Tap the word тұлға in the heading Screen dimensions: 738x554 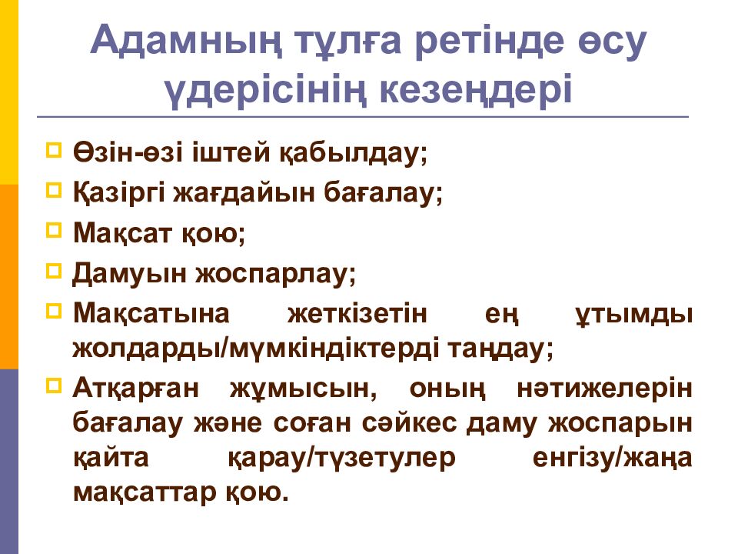click(x=348, y=42)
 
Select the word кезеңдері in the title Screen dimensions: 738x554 click(x=475, y=89)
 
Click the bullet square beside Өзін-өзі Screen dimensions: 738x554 click(x=54, y=150)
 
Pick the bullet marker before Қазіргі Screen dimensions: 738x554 click(x=54, y=190)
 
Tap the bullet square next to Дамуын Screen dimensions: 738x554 click(x=54, y=271)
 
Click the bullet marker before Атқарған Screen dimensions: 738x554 click(x=54, y=386)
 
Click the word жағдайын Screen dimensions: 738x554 click(x=244, y=193)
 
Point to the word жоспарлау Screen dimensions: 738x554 click(x=275, y=274)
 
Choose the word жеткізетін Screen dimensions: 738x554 click(x=357, y=313)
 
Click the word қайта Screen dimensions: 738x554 click(x=111, y=458)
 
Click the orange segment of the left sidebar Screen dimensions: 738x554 click(x=9, y=276)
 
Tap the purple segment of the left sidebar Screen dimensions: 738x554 click(x=9, y=462)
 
